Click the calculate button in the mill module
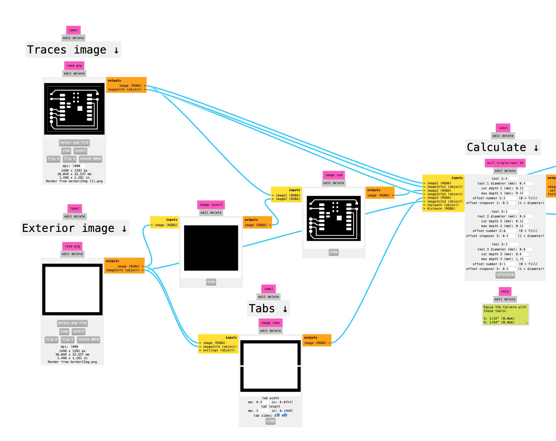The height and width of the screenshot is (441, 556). coord(505,274)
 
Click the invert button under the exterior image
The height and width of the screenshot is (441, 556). coord(78,331)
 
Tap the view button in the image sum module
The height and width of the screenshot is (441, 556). coord(333,252)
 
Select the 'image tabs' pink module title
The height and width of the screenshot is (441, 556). coord(270,323)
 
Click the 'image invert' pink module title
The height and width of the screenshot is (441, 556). coord(211,205)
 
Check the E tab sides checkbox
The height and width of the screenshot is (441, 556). coord(278,415)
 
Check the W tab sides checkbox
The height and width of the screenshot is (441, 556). coord(286,415)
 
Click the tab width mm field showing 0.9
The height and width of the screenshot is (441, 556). coord(262,402)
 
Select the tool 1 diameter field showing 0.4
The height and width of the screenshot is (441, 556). coord(525,183)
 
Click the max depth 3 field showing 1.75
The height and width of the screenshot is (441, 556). coord(522,259)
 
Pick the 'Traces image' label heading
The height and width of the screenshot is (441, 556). coord(73,50)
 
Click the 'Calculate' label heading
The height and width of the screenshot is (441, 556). coord(502,148)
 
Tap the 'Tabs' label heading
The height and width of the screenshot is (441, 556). coord(268,308)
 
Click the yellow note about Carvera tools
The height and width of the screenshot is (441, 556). coord(505,314)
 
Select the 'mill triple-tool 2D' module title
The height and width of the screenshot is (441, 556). coord(505,163)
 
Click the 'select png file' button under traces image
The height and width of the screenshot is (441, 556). coord(74,142)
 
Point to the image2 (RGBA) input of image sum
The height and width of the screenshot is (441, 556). coord(288,199)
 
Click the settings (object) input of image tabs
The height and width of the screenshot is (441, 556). coord(219,350)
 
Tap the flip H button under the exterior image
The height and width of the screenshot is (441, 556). coord(52,340)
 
